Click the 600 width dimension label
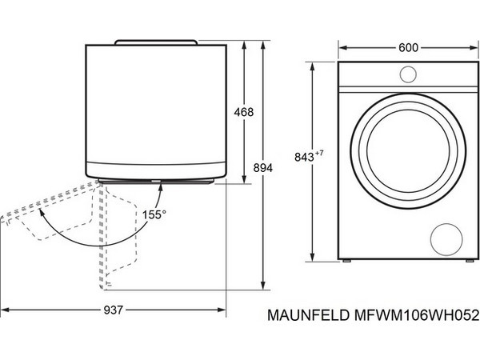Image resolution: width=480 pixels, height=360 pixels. coord(409,48)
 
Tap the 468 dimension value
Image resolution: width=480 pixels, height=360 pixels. coord(243,113)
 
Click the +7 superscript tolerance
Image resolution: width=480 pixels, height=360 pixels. coord(345,150)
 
